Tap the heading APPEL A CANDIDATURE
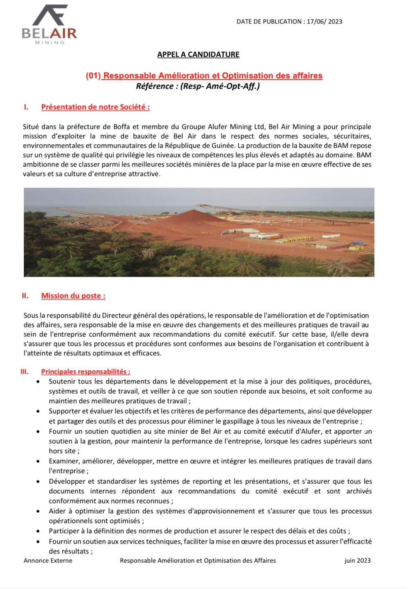click(x=198, y=54)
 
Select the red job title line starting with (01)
click(x=204, y=76)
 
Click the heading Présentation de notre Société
click(x=95, y=107)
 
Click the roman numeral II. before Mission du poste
click(x=25, y=296)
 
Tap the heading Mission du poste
click(x=73, y=296)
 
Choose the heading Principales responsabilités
click(x=86, y=372)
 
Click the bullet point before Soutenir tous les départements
click(x=38, y=382)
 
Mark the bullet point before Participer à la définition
click(x=38, y=531)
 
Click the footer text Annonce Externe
click(x=48, y=561)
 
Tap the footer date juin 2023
click(x=357, y=561)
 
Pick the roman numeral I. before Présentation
click(x=26, y=107)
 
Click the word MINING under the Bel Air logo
click(x=50, y=43)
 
